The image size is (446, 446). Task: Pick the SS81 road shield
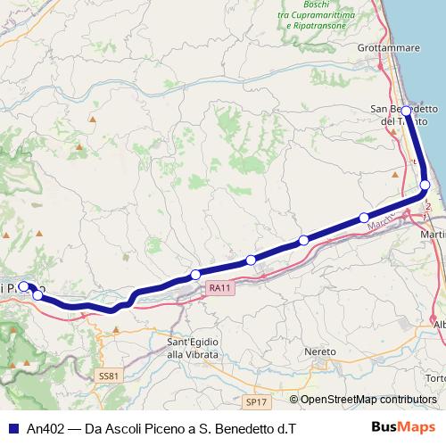point(109,376)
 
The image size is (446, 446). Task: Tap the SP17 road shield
point(256,401)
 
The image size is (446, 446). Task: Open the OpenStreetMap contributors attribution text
point(368,399)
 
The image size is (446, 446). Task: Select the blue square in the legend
point(12,428)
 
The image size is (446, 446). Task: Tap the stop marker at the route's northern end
point(406,111)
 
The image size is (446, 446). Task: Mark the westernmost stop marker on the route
point(24,287)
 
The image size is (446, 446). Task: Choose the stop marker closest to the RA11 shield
point(194,274)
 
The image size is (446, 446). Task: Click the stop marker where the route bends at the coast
point(425,185)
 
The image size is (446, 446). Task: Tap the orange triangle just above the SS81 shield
point(116,329)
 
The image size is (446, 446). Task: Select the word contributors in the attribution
point(406,399)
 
